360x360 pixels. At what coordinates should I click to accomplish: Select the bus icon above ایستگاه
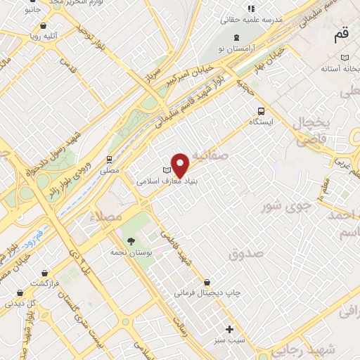click(262, 110)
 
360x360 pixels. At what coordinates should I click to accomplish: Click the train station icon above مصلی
click(109, 160)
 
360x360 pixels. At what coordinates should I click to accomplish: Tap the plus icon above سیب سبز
click(229, 329)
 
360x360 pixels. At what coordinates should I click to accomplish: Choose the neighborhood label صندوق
click(245, 252)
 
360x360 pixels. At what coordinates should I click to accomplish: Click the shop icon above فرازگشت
click(45, 272)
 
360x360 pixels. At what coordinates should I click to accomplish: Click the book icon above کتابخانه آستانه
click(344, 58)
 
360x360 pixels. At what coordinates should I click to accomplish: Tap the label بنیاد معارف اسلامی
click(168, 181)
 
